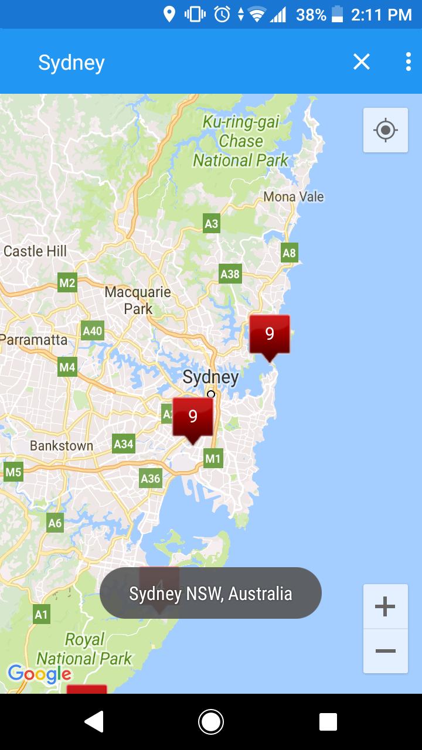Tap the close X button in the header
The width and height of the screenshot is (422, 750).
[362, 62]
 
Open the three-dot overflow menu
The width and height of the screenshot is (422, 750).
[408, 62]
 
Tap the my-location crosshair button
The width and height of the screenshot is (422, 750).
[385, 130]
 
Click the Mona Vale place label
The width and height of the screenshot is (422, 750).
[294, 197]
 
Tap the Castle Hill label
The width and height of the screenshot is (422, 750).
[35, 251]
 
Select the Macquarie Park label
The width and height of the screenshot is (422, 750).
[138, 300]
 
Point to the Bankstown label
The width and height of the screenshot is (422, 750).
[62, 446]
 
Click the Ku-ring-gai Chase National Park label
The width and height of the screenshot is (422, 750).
[240, 141]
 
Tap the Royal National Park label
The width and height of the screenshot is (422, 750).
[84, 649]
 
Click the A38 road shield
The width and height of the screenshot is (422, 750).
[230, 274]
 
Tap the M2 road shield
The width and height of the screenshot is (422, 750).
[67, 284]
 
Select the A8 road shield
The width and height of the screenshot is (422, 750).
[289, 253]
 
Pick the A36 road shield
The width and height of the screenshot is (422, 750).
[151, 479]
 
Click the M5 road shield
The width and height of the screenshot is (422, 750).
[13, 472]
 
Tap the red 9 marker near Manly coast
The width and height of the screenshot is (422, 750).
[270, 335]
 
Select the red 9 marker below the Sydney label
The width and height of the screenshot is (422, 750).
[193, 417]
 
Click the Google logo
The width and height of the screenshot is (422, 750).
[39, 674]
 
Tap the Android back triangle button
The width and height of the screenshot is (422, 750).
[94, 722]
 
